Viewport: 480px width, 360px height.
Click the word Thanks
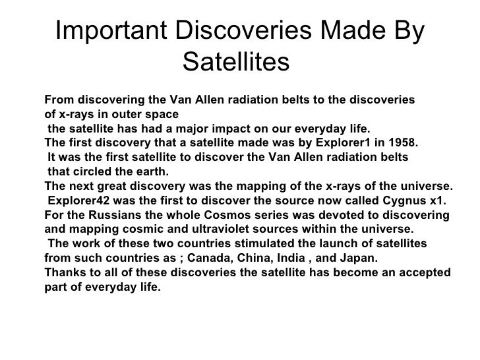(x=63, y=273)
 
